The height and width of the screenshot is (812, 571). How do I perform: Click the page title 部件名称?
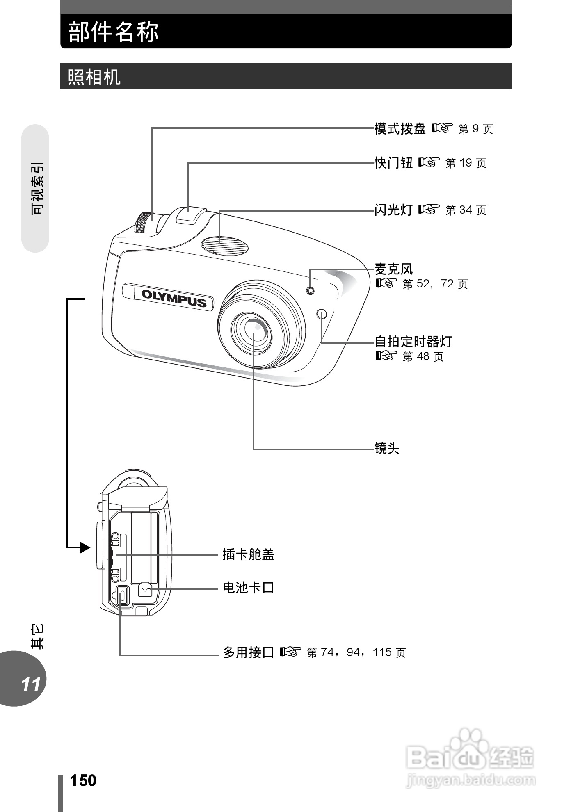(113, 32)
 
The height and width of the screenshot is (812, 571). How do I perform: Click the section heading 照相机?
(94, 77)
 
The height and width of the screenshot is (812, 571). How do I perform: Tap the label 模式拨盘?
(400, 129)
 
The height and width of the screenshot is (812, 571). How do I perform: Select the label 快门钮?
(393, 163)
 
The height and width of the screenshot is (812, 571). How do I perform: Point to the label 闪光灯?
(393, 210)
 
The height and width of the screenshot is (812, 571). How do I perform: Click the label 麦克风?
(393, 269)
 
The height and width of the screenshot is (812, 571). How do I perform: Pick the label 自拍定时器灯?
(413, 341)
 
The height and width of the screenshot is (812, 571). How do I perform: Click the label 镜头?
(386, 448)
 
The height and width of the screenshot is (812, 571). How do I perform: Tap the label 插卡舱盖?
(248, 554)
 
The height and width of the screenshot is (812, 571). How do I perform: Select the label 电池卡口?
(248, 588)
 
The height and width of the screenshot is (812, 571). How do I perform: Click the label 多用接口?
(248, 652)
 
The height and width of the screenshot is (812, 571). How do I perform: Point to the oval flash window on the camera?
(225, 244)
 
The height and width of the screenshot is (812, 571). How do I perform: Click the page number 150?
(83, 780)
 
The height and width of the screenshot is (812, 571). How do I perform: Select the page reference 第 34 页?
(465, 210)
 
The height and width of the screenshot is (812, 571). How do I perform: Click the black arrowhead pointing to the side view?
(84, 547)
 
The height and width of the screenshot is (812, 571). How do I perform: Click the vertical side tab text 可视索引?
(37, 188)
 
